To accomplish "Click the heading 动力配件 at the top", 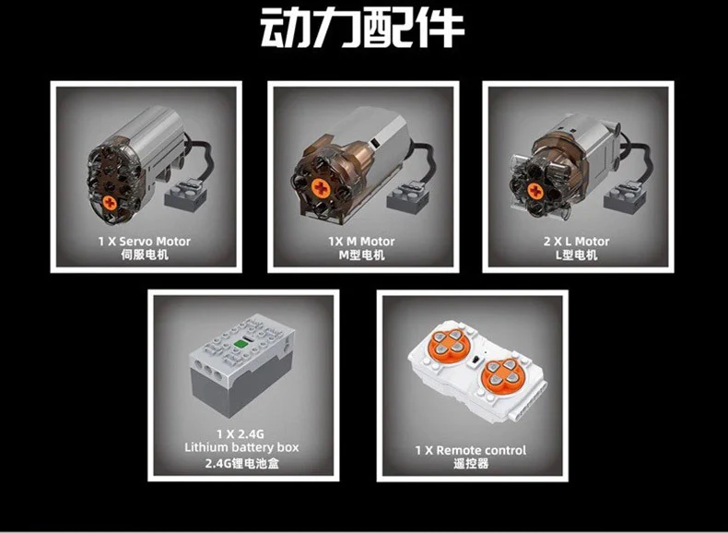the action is tap(362, 28).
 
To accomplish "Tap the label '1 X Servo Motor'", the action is tap(145, 242).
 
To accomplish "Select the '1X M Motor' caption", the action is tap(361, 242).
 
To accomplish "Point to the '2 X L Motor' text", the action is tap(577, 242).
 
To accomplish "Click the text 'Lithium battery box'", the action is tap(241, 447).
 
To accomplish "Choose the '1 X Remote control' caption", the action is tap(471, 450).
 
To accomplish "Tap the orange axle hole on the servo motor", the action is tap(110, 203).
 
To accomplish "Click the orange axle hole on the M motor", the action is tap(321, 188).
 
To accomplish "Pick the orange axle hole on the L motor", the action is tap(535, 191).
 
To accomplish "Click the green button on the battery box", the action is tap(241, 344).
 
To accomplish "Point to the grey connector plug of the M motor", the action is tap(407, 197).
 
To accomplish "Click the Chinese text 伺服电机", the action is tap(145, 255).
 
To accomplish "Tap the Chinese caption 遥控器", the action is tap(471, 464).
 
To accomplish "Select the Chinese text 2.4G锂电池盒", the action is tap(241, 464).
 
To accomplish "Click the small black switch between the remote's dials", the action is tap(475, 360).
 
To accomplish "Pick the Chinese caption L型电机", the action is tap(577, 255).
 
